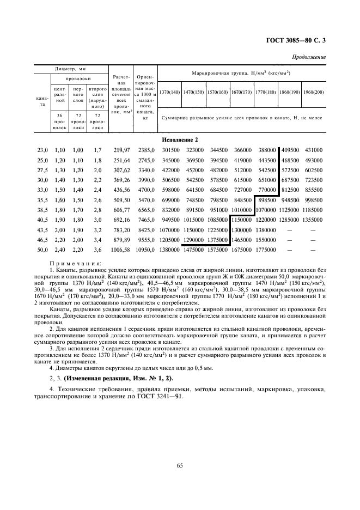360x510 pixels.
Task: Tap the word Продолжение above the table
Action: (x=309, y=57)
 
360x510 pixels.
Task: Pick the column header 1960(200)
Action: (x=314, y=92)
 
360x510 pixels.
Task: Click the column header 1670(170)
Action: (x=241, y=92)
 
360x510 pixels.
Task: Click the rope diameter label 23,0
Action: (x=42, y=150)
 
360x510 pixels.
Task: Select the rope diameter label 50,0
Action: (x=42, y=250)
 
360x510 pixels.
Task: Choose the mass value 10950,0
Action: (x=144, y=250)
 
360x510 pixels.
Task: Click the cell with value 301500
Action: (x=169, y=150)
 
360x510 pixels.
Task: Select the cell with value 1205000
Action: (x=169, y=240)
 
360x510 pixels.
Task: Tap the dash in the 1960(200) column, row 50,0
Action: (x=314, y=250)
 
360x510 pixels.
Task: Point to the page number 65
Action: (x=179, y=465)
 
